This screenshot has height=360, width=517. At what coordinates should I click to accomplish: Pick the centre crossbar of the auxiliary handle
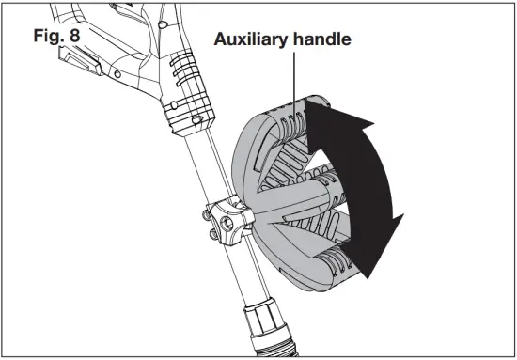click(x=291, y=202)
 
